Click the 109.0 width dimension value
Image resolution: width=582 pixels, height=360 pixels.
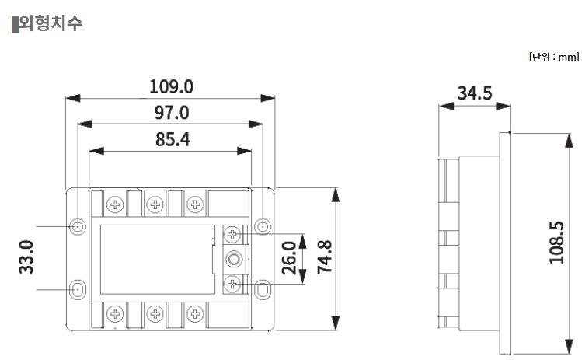click(x=171, y=86)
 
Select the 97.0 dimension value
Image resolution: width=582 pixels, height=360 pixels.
click(x=171, y=113)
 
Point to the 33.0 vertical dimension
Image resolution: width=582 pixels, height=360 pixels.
click(x=25, y=257)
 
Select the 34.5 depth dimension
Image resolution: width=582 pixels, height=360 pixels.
click(x=474, y=93)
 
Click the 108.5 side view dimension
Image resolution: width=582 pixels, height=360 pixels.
click(x=556, y=243)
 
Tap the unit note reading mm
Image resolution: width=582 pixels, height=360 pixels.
click(x=553, y=57)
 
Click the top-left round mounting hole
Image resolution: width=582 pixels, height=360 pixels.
click(x=78, y=226)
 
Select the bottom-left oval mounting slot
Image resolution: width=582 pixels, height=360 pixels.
click(x=78, y=289)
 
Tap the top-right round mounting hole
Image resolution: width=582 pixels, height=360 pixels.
click(x=264, y=226)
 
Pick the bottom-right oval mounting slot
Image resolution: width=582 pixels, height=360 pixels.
click(x=264, y=289)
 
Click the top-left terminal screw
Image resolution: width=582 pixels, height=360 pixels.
click(x=116, y=204)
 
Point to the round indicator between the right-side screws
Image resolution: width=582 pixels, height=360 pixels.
click(x=232, y=259)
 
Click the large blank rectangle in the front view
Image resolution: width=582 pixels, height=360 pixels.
click(x=155, y=259)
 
